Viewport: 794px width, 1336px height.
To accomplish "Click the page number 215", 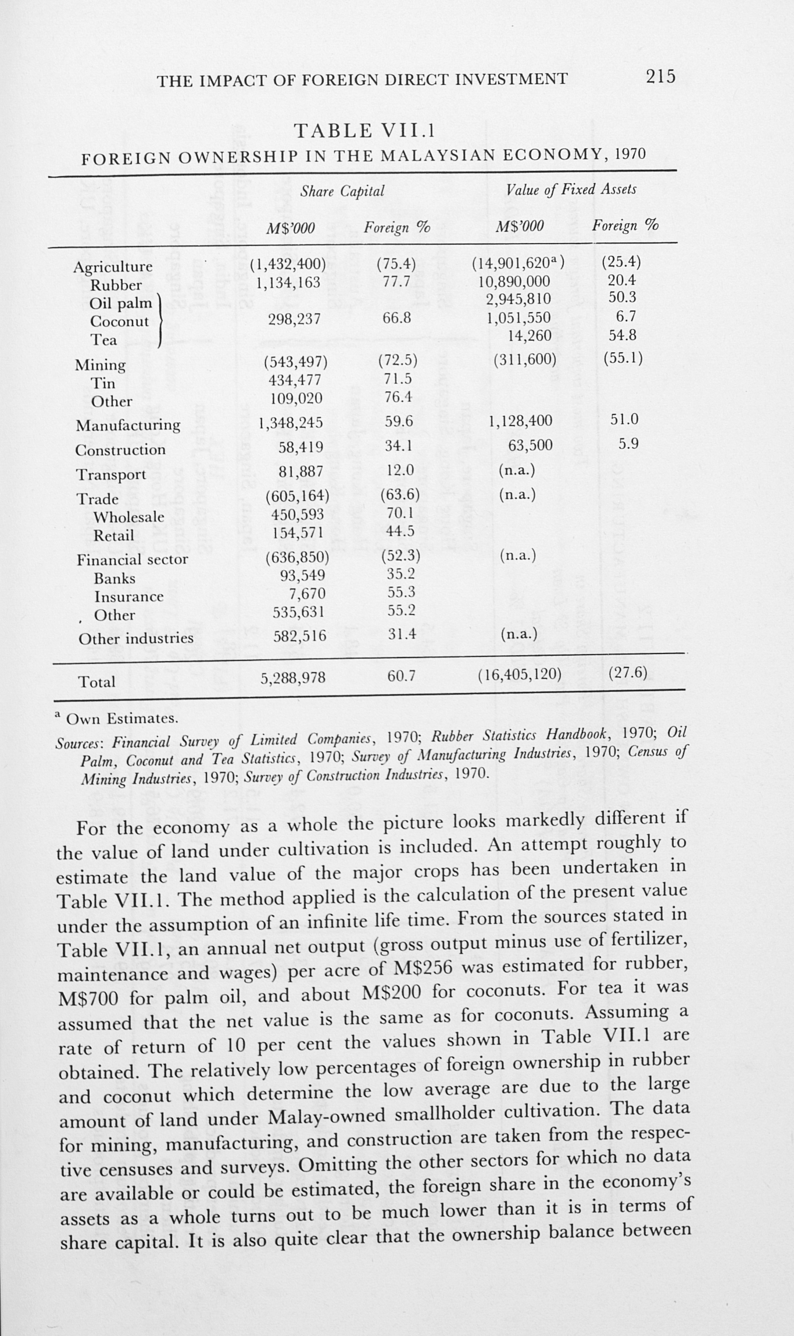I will [x=660, y=76].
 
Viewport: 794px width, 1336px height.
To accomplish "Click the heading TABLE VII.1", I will [x=364, y=131].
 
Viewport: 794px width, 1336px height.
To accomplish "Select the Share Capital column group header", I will [x=342, y=191].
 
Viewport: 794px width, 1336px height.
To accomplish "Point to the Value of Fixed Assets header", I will [x=571, y=190].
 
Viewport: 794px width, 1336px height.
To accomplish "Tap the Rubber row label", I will [x=116, y=285].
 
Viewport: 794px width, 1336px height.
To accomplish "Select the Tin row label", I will [x=103, y=383].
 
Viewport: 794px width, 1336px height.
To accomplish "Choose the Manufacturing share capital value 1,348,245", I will [x=291, y=422].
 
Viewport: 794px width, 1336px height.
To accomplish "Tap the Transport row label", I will [x=111, y=474].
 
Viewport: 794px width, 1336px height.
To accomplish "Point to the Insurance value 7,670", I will [x=307, y=594].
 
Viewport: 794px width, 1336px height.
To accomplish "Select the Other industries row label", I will [x=135, y=638].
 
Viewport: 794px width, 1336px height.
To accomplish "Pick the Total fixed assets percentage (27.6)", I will [x=628, y=673].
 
